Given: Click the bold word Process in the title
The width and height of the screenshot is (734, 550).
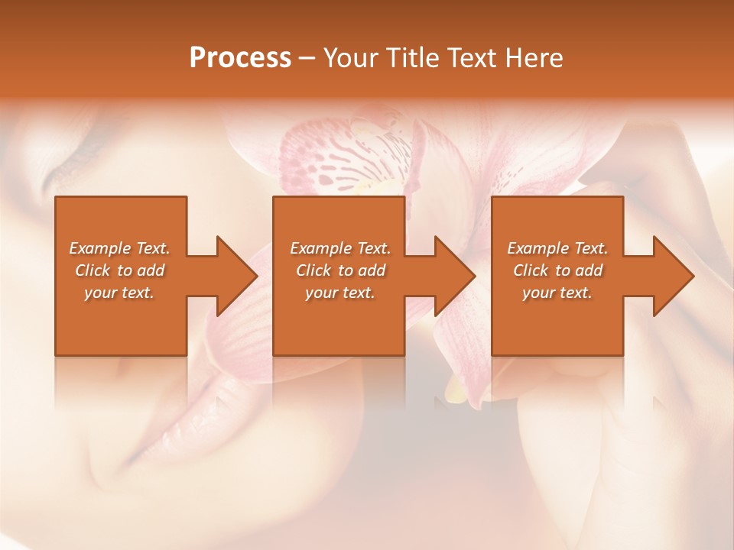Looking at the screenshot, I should pyautogui.click(x=240, y=58).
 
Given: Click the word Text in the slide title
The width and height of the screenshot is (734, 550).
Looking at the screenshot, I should pyautogui.click(x=471, y=58).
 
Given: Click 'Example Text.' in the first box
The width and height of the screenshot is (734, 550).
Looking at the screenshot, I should pyautogui.click(x=119, y=248).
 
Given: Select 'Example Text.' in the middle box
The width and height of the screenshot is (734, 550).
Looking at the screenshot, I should pyautogui.click(x=340, y=248).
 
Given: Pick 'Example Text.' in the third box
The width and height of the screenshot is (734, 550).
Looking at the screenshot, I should pyautogui.click(x=557, y=248).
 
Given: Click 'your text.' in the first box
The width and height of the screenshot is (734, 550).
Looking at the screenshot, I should pyautogui.click(x=119, y=293).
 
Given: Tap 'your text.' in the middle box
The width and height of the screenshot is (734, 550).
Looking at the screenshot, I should pyautogui.click(x=340, y=293).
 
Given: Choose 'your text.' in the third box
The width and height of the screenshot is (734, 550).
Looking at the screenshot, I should pyautogui.click(x=557, y=293).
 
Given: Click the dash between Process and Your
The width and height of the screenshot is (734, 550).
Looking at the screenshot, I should pyautogui.click(x=307, y=59).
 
